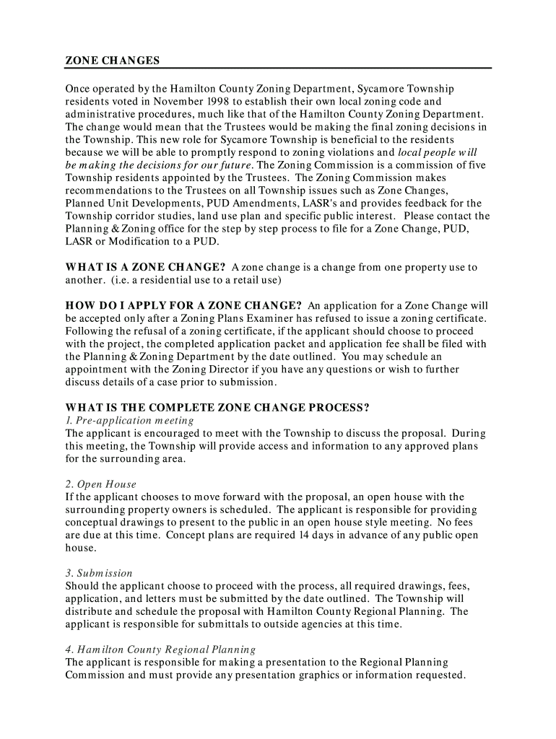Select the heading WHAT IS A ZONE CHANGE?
pyautogui.click(x=146, y=267)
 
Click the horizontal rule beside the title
pyautogui.click(x=326, y=66)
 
